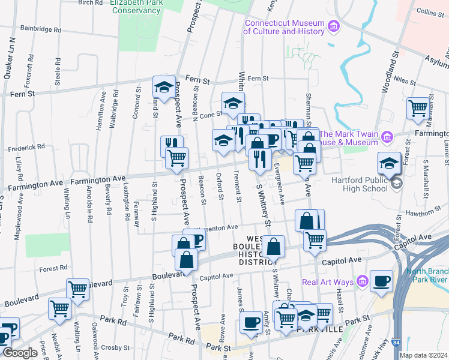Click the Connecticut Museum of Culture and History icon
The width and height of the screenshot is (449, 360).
pos(334,27)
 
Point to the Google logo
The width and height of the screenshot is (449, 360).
pos(20,353)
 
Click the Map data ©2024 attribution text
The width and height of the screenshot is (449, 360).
pos(423,355)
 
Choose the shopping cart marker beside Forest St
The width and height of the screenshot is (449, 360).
pos(418,108)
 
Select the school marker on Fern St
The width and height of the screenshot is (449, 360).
pos(163,87)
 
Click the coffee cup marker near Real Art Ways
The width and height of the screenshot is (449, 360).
pos(381,281)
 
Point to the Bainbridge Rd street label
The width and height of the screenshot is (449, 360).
pos(41,28)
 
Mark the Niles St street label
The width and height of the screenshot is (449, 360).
pos(405,80)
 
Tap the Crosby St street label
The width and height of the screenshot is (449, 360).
pos(115,347)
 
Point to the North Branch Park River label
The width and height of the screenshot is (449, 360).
pos(424,275)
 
